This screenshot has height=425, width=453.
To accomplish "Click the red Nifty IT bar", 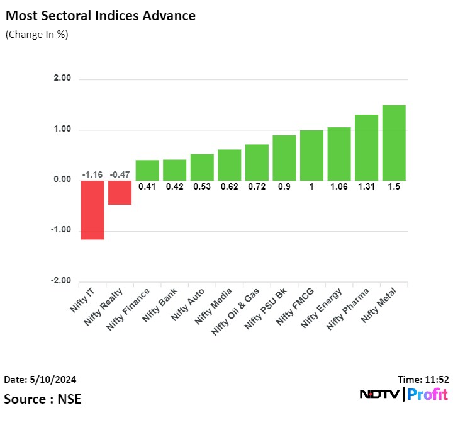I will (x=92, y=210).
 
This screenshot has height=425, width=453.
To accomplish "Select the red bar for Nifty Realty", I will (x=120, y=192).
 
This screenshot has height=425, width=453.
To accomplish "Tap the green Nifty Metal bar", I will (x=394, y=142).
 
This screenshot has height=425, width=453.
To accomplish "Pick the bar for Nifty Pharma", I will (x=366, y=147).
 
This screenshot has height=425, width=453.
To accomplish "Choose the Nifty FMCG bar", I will (x=311, y=155).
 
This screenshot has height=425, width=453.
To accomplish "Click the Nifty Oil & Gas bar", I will (x=257, y=162).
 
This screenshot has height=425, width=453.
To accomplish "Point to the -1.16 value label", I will (x=92, y=174).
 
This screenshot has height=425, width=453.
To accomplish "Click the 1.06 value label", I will (x=339, y=186).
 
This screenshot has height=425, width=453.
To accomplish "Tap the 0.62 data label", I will (x=229, y=186).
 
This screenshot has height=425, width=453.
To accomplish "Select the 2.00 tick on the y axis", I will (x=64, y=79).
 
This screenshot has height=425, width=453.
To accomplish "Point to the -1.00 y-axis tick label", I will (x=62, y=230).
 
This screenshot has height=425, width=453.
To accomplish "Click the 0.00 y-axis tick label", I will (x=64, y=179).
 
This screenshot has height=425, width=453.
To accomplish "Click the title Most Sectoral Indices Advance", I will (x=100, y=16).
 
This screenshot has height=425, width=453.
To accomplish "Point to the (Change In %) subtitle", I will (x=36, y=35).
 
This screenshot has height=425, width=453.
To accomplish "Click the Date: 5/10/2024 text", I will (x=40, y=380).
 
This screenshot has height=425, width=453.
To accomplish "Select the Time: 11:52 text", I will (x=423, y=380).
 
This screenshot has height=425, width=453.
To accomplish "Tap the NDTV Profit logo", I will (x=403, y=395).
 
